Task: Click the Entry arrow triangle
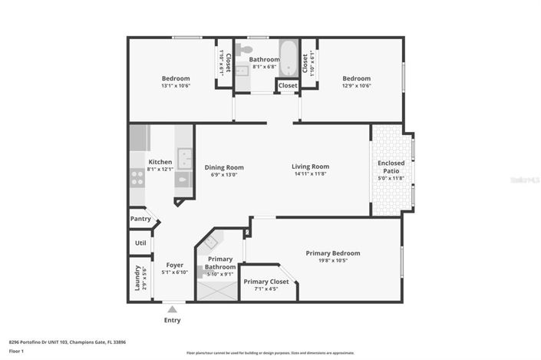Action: tap(172, 309)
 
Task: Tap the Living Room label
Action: tap(310, 167)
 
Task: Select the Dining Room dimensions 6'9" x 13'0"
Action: tap(224, 174)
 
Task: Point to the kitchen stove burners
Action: tap(137, 178)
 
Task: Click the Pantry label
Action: tap(140, 220)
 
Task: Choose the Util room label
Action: tap(140, 243)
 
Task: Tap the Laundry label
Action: tap(138, 277)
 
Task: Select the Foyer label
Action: tap(174, 266)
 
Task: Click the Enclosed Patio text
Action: tap(391, 167)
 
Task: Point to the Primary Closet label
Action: tap(266, 282)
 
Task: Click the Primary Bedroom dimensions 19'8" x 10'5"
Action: tap(332, 261)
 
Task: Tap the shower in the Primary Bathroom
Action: tap(218, 289)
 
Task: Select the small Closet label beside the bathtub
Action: tap(288, 85)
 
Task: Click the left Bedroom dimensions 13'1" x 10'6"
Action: tap(175, 86)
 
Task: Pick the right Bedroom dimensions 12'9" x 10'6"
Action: tap(356, 86)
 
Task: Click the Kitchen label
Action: tap(160, 162)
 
